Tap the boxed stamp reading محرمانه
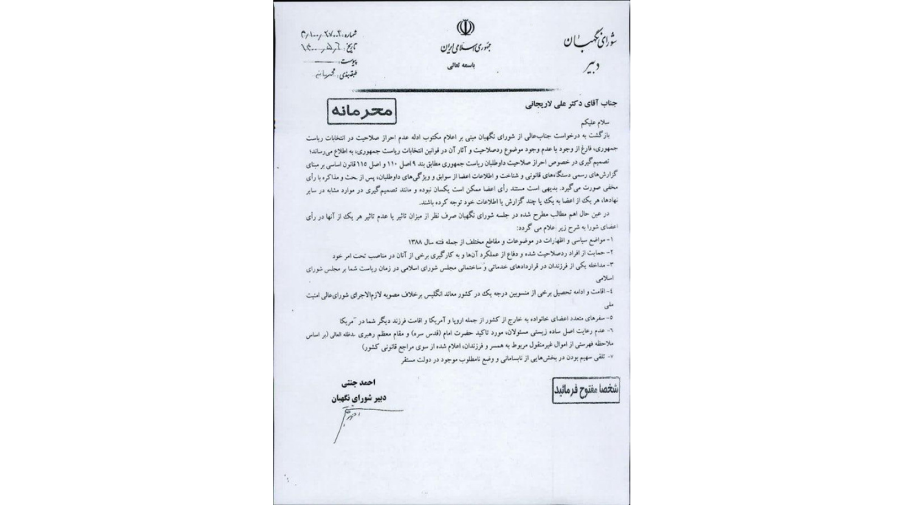361,111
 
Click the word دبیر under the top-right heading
589,68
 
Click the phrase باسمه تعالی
462,66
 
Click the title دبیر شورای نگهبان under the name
358,398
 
